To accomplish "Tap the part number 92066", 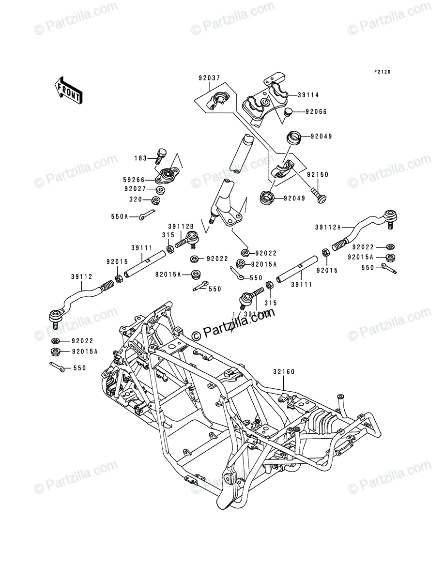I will pyautogui.click(x=317, y=112).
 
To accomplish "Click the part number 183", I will pyautogui.click(x=141, y=158).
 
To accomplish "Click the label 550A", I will pyautogui.click(x=119, y=217).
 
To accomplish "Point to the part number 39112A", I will pyautogui.click(x=328, y=227).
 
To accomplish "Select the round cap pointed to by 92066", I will pyautogui.click(x=289, y=113).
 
